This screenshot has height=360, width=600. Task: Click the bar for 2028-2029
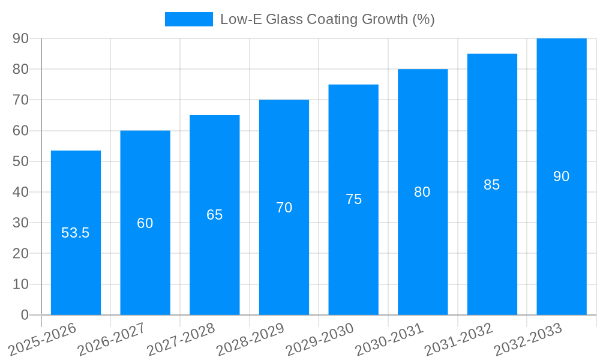(x=284, y=252)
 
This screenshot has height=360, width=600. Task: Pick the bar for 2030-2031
(x=422, y=252)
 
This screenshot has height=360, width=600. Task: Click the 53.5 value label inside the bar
(x=76, y=233)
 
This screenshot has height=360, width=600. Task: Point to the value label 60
(x=145, y=223)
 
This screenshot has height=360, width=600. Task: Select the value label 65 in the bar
(x=215, y=215)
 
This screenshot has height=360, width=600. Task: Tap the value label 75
(x=353, y=199)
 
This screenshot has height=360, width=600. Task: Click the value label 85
(x=492, y=185)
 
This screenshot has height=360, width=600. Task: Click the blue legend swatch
(x=189, y=19)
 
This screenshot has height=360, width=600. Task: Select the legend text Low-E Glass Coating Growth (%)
(x=327, y=19)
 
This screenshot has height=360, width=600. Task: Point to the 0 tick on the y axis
(x=25, y=315)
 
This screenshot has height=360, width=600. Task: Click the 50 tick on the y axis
(x=21, y=161)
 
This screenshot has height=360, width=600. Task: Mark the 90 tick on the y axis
(x=21, y=38)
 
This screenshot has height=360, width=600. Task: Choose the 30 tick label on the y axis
(x=21, y=223)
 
